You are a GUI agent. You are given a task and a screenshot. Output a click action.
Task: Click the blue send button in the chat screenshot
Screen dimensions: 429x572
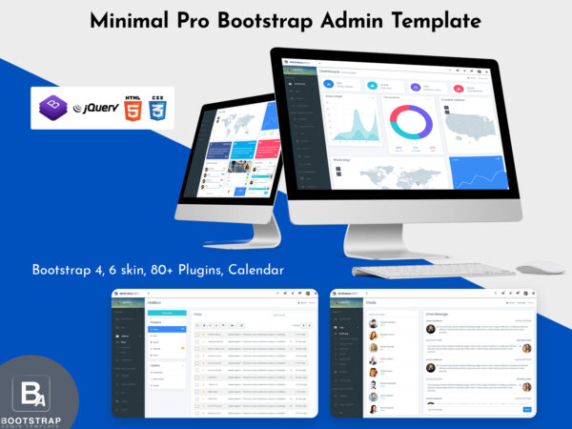point(527,409)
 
